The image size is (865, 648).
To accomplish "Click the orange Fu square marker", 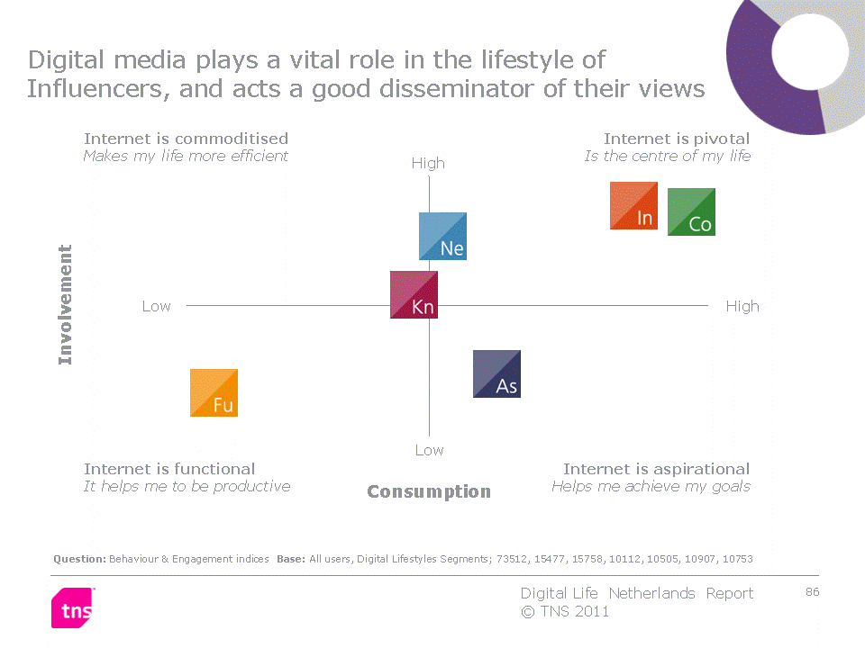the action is [214, 393].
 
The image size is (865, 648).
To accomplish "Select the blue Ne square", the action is [443, 237].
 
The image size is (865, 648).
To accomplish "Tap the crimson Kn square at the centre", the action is [414, 295].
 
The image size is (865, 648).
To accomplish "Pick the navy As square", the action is [497, 374].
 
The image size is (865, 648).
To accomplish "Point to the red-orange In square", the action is [633, 205].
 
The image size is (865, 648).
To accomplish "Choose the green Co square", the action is [691, 212].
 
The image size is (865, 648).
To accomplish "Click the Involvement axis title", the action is [65, 305].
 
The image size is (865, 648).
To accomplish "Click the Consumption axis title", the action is [429, 491].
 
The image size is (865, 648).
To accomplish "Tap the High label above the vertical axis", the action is [428, 164].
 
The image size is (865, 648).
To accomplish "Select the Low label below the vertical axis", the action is [429, 450].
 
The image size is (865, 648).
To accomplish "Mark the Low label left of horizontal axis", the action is [156, 306].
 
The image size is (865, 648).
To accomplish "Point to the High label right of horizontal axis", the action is [742, 306].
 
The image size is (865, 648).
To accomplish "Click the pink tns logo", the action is [73, 607].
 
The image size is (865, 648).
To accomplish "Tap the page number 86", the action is [812, 592].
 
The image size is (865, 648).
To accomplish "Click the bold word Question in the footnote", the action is [79, 559].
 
